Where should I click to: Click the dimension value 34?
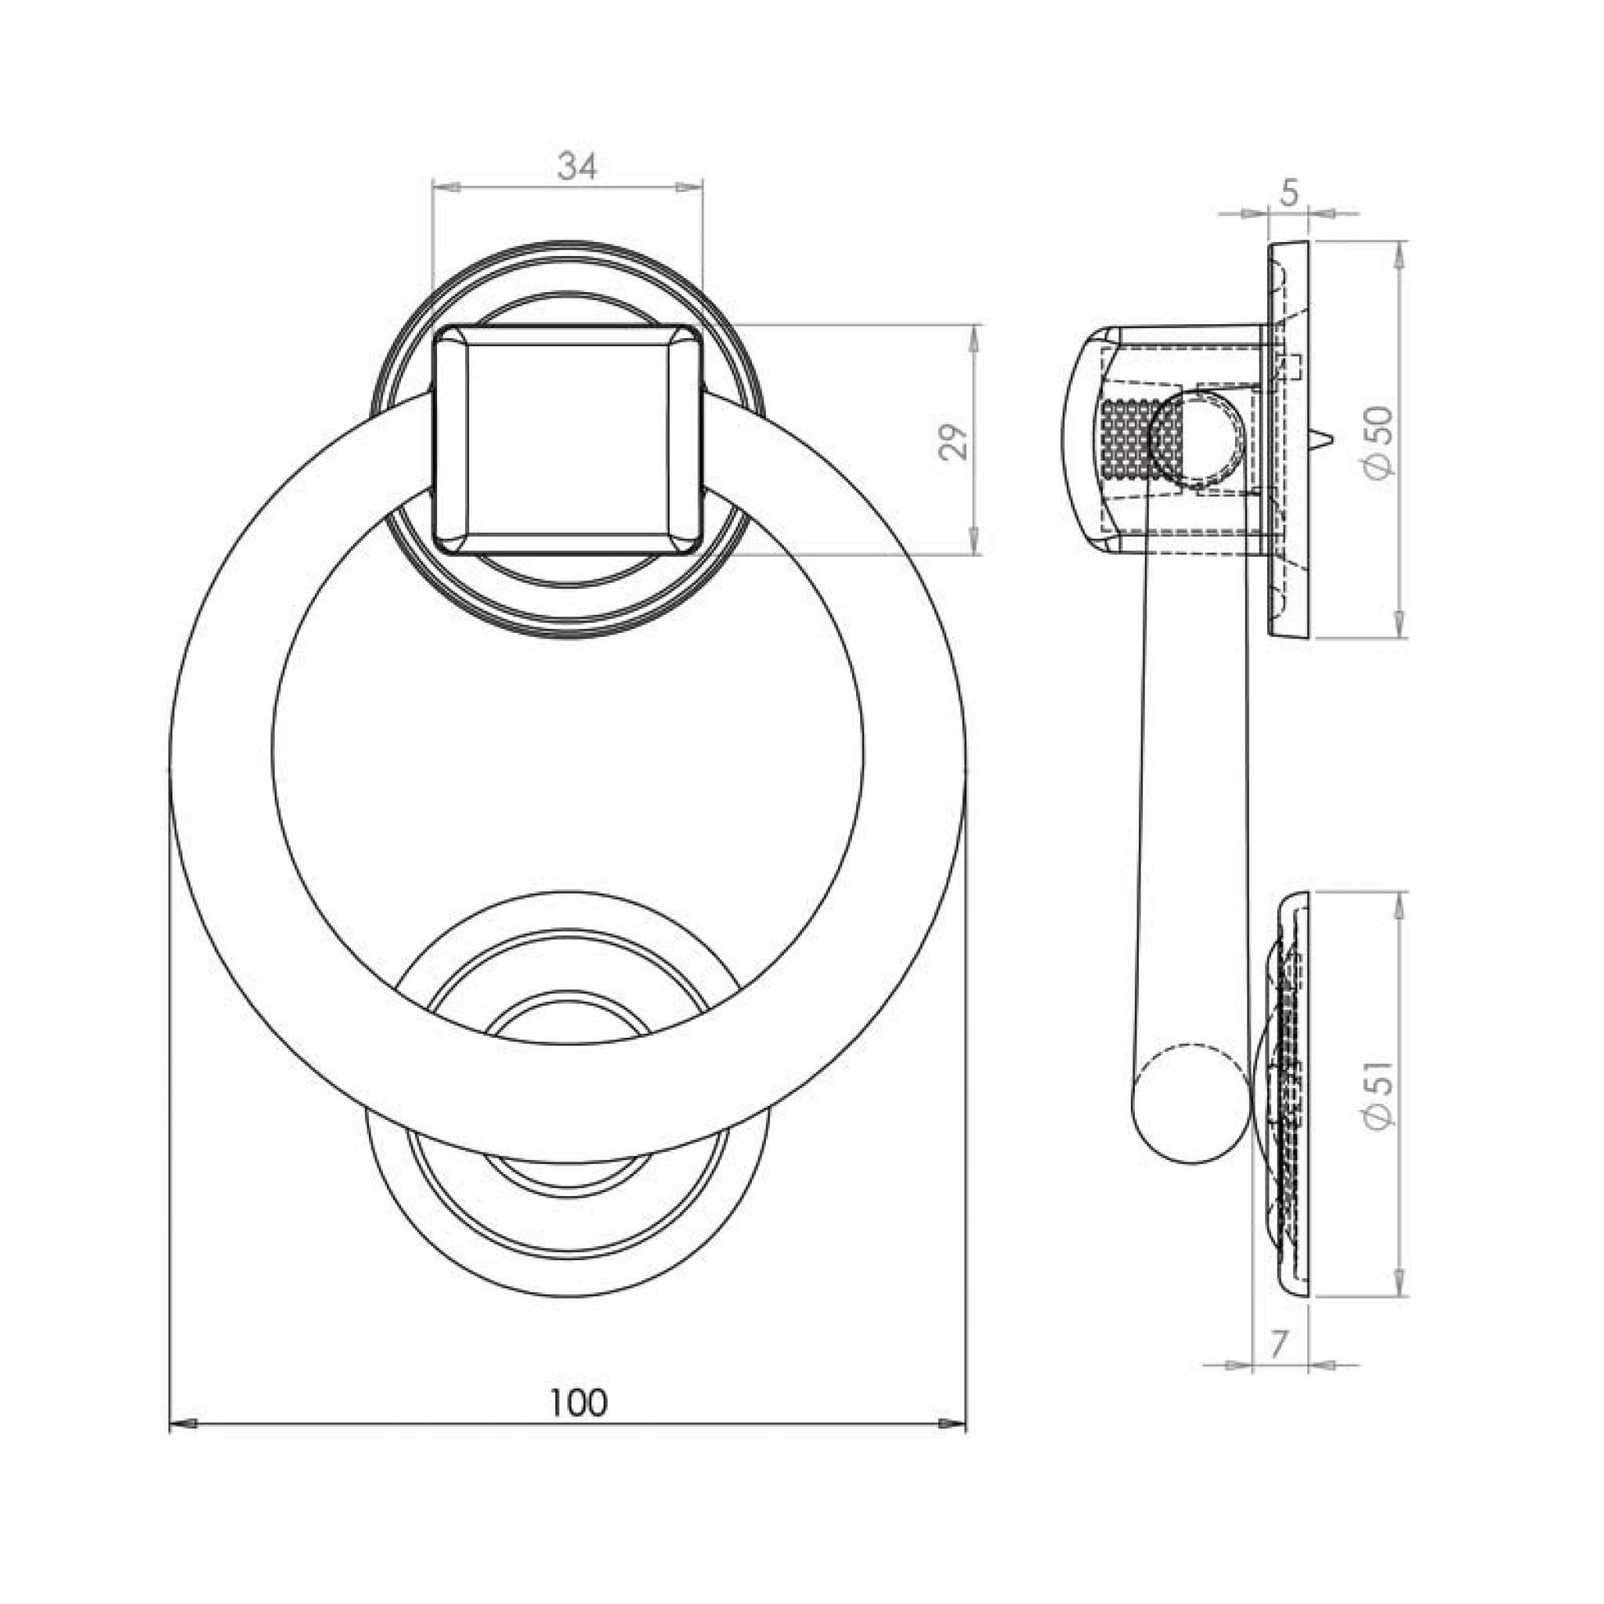click(x=577, y=167)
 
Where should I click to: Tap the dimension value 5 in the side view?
click(x=1288, y=193)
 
